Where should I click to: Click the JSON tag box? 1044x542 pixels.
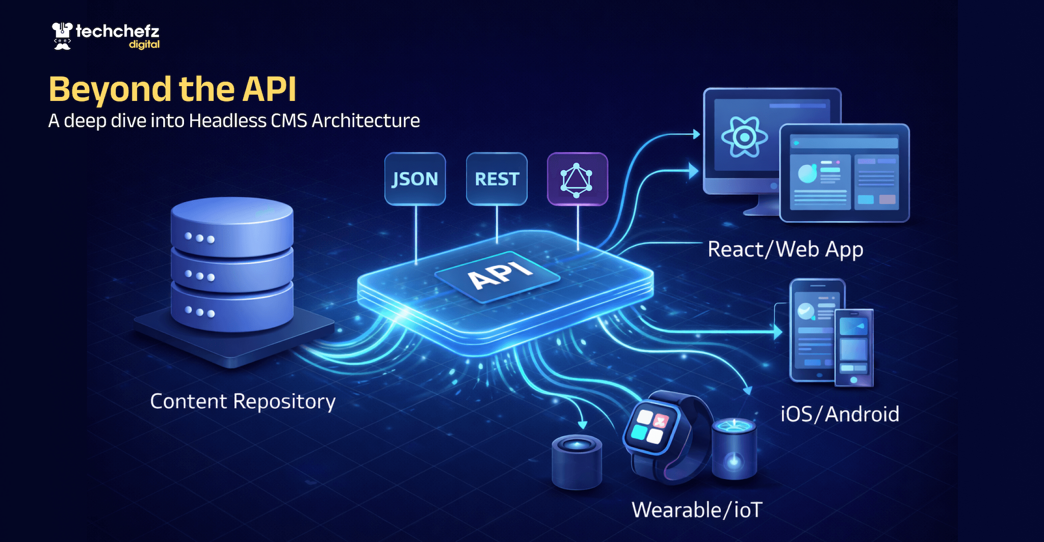pos(415,179)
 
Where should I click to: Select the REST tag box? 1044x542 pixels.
pos(497,179)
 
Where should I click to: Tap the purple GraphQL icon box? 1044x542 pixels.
pos(577,179)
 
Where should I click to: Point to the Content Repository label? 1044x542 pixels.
pos(243,402)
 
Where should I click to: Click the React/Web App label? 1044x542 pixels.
pos(786,250)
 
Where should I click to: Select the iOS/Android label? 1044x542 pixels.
pos(840,414)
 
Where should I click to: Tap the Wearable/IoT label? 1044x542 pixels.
pos(697,510)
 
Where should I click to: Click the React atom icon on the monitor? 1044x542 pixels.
pos(744,137)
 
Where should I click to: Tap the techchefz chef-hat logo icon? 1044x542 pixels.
pos(62,36)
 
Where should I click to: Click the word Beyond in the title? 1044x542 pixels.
pos(110,89)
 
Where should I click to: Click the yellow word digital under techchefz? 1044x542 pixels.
pos(144,45)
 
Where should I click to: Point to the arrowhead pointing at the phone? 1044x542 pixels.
pos(778,332)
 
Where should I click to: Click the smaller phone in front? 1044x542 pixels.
pos(854,348)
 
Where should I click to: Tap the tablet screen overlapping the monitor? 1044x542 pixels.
pos(844,173)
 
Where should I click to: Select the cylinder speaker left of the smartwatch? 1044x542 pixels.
pos(577,462)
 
